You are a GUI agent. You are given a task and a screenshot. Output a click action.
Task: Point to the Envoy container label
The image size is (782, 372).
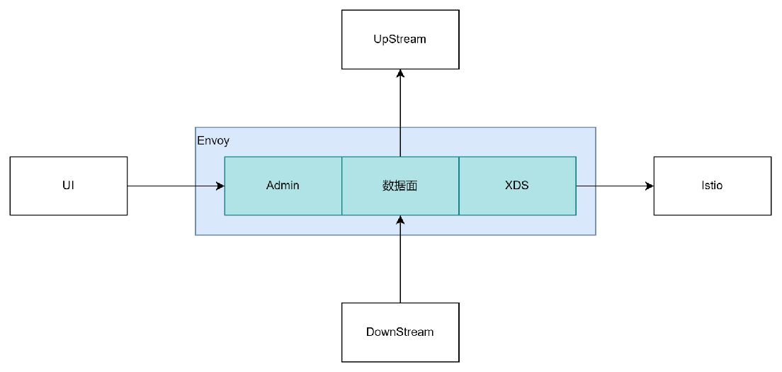(213, 141)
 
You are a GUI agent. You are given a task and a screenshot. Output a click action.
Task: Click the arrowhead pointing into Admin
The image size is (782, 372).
(220, 186)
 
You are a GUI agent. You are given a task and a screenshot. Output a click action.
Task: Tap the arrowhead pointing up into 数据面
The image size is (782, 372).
(400, 220)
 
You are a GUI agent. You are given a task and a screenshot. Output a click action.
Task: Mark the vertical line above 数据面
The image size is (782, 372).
(400, 142)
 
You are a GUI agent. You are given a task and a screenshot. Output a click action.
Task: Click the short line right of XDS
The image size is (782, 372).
(586, 186)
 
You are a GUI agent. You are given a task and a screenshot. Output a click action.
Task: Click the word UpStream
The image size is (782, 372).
(400, 39)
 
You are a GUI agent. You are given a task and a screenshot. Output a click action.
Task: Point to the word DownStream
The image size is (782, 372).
(400, 332)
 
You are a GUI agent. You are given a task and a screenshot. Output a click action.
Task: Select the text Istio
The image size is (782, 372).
(712, 186)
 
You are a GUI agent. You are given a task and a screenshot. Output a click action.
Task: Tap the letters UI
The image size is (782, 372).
(69, 186)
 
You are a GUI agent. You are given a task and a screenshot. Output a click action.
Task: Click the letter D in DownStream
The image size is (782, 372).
(370, 332)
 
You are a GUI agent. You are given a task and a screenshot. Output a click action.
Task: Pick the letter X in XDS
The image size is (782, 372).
(509, 186)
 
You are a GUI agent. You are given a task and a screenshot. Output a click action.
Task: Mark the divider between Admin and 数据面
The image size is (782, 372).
(342, 186)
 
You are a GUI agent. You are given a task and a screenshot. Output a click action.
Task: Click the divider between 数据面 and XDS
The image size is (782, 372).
(459, 186)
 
